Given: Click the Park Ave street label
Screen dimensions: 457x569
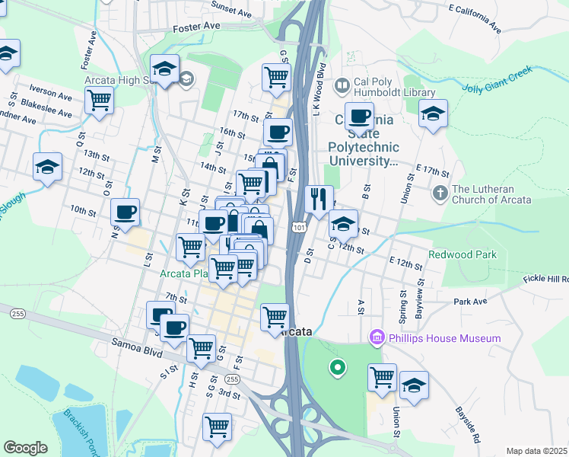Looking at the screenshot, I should click(x=469, y=302).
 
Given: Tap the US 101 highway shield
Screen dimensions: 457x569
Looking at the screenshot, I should click(x=298, y=227).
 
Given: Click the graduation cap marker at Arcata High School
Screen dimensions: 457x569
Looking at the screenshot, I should click(x=164, y=69).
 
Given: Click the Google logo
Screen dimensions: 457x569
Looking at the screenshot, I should click(x=25, y=448).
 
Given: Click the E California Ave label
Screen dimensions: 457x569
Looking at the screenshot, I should click(x=475, y=18).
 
